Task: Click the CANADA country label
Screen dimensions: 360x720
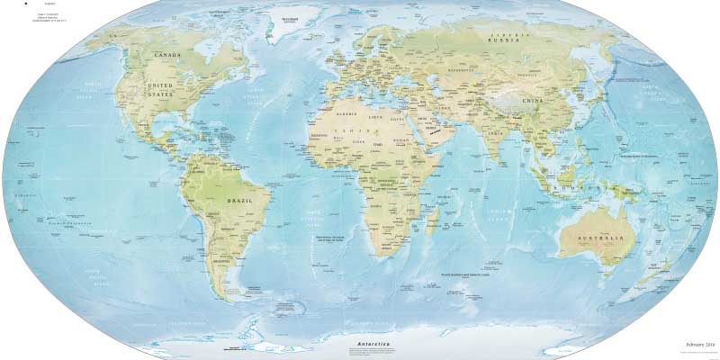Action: click(169, 55)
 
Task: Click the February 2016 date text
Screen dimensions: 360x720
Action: click(698, 345)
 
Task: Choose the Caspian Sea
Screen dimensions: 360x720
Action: click(437, 89)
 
